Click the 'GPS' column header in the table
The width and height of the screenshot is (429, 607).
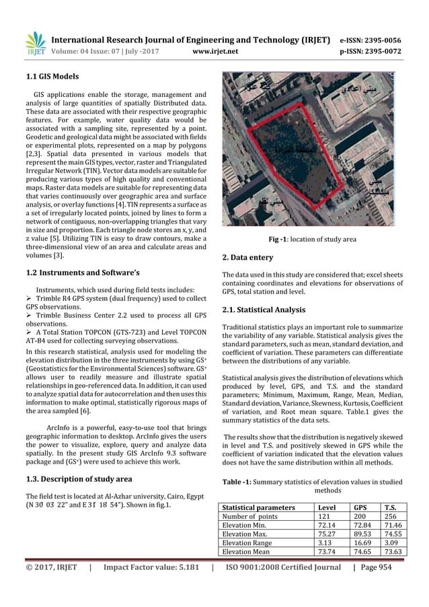click(362, 507)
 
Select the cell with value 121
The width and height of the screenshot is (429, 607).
click(325, 518)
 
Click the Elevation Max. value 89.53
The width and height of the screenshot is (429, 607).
click(363, 540)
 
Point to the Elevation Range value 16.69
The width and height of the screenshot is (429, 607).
click(363, 550)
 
